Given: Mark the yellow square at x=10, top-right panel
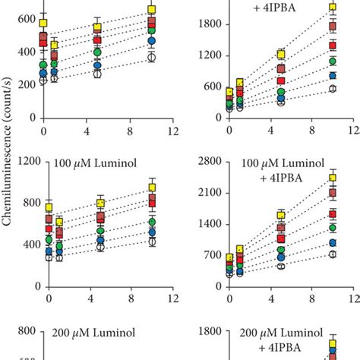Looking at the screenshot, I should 333,8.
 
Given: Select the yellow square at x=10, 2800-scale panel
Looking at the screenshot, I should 333,178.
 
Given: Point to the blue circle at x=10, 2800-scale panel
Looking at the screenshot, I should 333,243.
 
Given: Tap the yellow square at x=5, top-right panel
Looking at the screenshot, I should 280,55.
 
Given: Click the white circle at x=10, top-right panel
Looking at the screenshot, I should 333,89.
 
